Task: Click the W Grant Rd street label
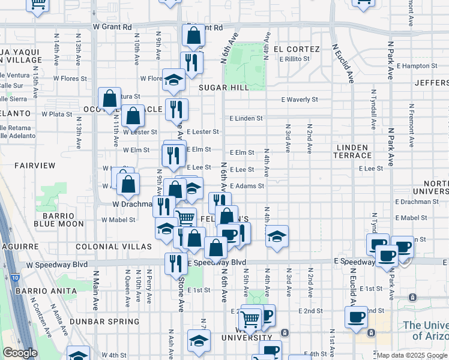tap(112, 27)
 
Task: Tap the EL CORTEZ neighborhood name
tap(295, 48)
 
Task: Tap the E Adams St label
tap(247, 186)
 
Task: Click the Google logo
tap(20, 353)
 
